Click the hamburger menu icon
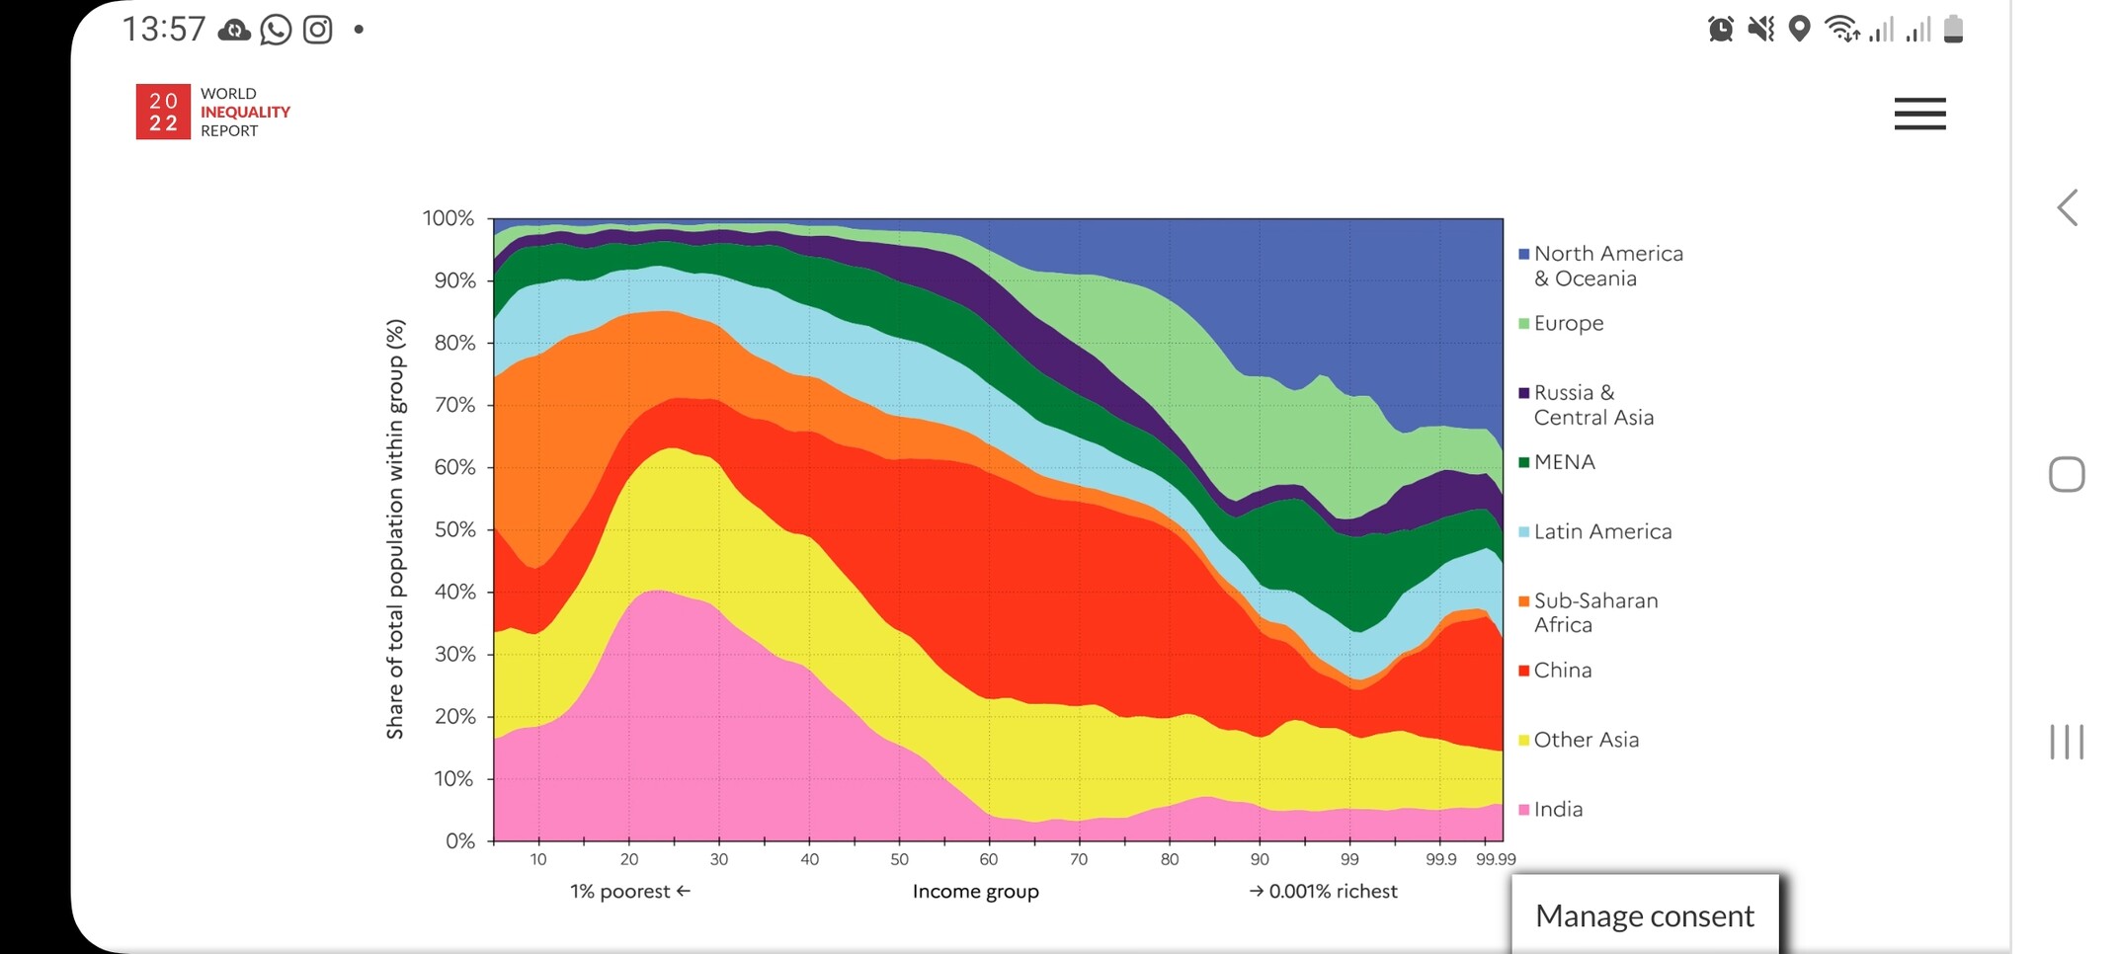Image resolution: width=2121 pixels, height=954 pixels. [x=1919, y=114]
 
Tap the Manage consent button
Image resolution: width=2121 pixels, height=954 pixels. [x=1644, y=915]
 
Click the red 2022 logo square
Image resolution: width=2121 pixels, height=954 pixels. [x=163, y=112]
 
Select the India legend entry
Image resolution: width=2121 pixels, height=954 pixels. [x=1557, y=810]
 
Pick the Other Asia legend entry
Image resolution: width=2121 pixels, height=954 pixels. [x=1585, y=740]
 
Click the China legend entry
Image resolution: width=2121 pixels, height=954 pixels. [x=1562, y=671]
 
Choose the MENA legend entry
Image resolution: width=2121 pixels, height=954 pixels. [x=1563, y=462]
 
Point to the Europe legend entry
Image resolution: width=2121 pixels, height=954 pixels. [x=1568, y=324]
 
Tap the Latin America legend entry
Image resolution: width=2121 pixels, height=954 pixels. [x=1601, y=531]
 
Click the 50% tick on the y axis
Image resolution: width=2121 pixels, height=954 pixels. [x=454, y=529]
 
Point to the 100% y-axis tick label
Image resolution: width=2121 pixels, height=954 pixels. [x=449, y=218]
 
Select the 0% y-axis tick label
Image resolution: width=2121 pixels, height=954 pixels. [x=460, y=841]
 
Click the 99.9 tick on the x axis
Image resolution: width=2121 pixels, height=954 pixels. [x=1440, y=859]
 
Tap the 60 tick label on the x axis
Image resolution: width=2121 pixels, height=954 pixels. [x=988, y=859]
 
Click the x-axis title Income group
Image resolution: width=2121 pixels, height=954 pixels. [x=975, y=892]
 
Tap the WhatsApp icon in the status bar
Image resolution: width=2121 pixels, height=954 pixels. [x=276, y=30]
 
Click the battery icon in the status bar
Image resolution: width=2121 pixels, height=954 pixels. [x=1953, y=29]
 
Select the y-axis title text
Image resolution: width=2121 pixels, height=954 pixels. [x=395, y=528]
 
